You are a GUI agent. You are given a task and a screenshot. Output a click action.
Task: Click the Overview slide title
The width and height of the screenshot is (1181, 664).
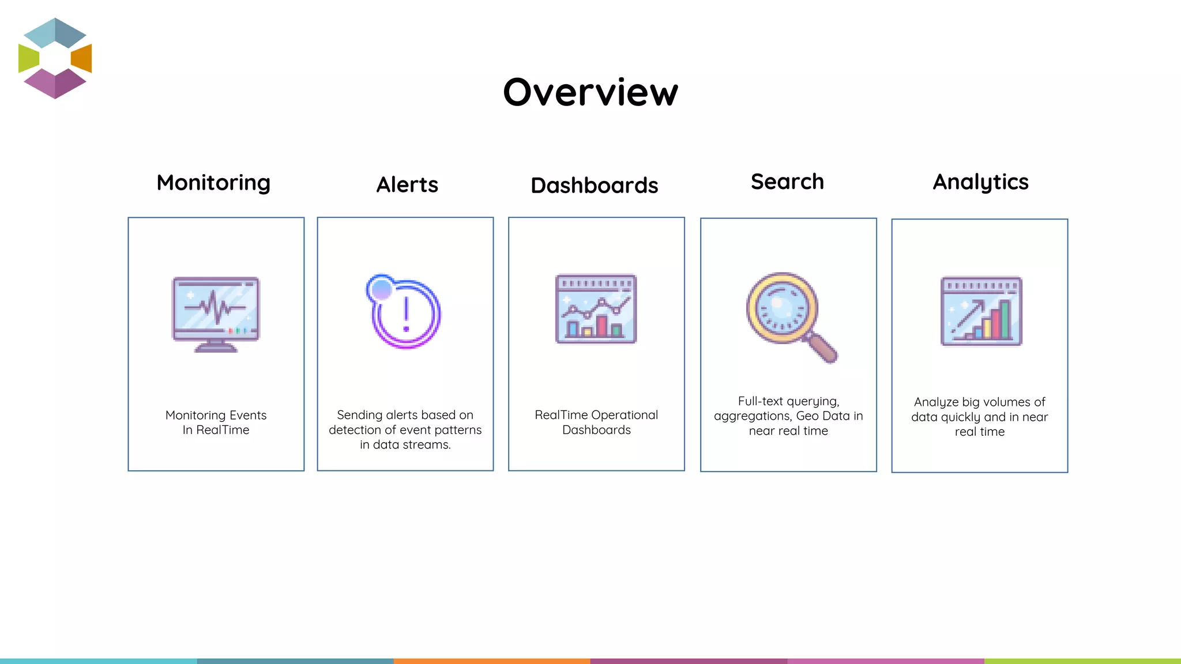pyautogui.click(x=590, y=92)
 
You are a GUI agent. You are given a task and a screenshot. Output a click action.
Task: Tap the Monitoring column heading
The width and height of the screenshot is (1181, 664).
pyautogui.click(x=213, y=183)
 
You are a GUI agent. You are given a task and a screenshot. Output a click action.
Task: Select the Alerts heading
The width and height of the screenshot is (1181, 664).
pyautogui.click(x=407, y=185)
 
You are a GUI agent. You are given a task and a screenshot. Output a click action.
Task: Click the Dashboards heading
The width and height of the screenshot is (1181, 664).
pyautogui.click(x=594, y=186)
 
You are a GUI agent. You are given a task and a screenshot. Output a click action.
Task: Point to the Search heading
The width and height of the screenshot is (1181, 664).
pyautogui.click(x=787, y=182)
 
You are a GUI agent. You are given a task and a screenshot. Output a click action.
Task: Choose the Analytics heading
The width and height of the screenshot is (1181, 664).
pyautogui.click(x=980, y=182)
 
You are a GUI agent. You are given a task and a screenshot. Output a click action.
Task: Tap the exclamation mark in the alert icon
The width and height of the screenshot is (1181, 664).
pyautogui.click(x=406, y=314)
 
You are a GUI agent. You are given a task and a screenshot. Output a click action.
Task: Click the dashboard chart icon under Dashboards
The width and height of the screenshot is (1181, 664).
pyautogui.click(x=596, y=310)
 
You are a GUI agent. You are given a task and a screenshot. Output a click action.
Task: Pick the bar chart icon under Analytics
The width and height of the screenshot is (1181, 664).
pyautogui.click(x=981, y=311)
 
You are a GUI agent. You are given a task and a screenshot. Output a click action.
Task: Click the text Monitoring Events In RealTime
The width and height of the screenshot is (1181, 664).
pyautogui.click(x=216, y=422)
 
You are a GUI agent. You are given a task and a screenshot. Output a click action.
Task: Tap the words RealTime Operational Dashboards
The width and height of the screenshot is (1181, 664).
pyautogui.click(x=596, y=422)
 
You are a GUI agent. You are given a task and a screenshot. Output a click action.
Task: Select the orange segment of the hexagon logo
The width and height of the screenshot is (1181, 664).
pyautogui.click(x=82, y=58)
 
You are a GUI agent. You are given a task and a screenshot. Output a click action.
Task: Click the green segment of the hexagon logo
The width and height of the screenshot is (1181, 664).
pyautogui.click(x=28, y=58)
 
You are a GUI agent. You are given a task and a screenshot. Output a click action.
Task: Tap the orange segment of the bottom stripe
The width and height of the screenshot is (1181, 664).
pyautogui.click(x=492, y=661)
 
